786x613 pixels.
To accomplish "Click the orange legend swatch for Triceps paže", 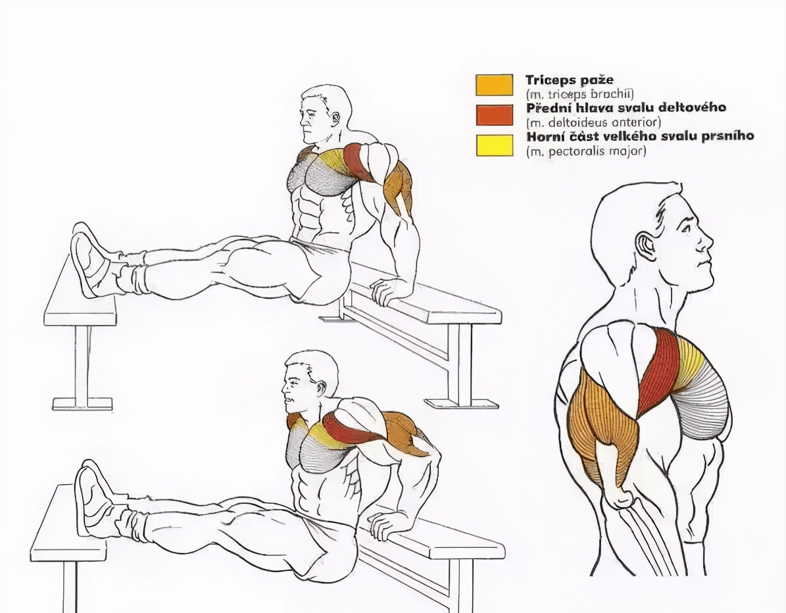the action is point(494,85).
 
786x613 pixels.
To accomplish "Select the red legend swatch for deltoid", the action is point(494,115).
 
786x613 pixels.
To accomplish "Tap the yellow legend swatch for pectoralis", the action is point(494,146).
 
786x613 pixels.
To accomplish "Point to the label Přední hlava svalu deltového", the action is point(626,108).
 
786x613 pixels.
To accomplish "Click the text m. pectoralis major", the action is point(585,151).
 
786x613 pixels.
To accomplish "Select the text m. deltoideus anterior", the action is point(593,122).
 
